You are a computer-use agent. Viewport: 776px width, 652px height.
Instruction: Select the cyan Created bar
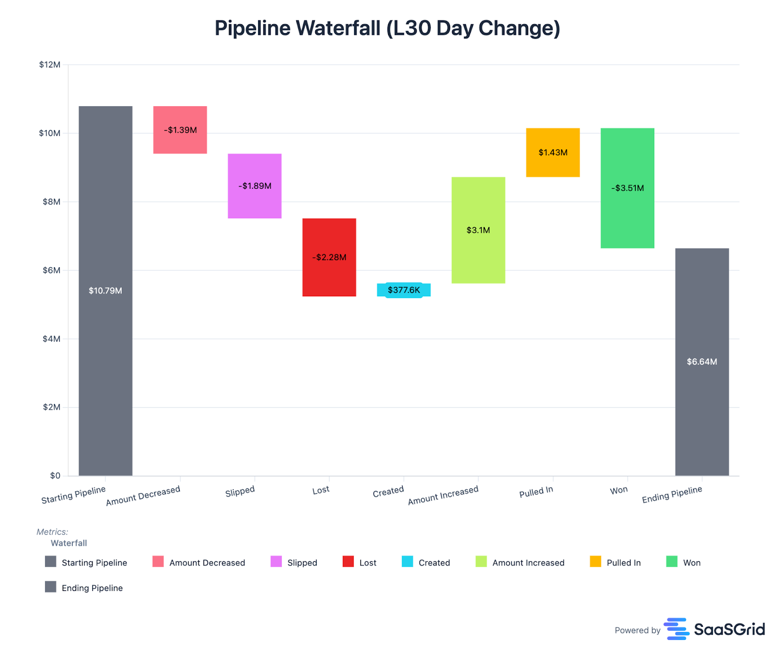coord(404,290)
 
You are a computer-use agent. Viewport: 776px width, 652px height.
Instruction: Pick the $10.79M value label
coord(105,291)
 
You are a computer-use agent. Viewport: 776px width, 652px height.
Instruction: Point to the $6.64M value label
coord(701,361)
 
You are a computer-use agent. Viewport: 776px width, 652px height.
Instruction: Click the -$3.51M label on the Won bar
coord(627,188)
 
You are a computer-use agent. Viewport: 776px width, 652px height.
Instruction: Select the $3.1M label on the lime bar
coord(478,230)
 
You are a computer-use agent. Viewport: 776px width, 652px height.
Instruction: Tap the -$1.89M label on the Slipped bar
coord(255,186)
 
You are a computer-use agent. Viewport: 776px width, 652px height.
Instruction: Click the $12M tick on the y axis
coord(49,65)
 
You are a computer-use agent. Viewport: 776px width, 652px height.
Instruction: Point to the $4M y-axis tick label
coord(51,339)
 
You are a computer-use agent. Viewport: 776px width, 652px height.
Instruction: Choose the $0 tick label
coord(55,475)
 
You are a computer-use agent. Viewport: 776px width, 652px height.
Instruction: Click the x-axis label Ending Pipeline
coord(672,494)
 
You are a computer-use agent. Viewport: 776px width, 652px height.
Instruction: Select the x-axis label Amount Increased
coord(443,495)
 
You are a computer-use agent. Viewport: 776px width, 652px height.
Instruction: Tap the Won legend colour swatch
coord(671,562)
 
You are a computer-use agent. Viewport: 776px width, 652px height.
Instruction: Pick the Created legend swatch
coord(407,562)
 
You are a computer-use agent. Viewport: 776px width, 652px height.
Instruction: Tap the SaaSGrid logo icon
coord(676,629)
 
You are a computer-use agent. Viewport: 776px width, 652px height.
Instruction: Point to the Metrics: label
coord(52,532)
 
